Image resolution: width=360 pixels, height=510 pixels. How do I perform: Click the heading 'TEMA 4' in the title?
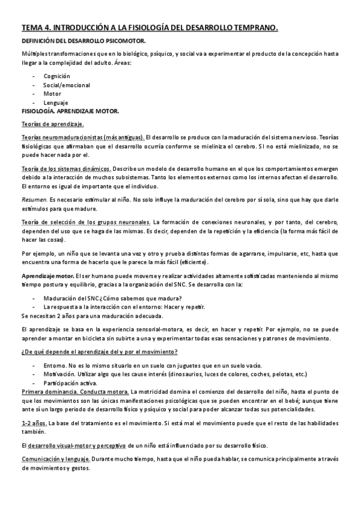(38, 27)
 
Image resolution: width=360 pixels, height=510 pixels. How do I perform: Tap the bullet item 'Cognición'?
(56, 76)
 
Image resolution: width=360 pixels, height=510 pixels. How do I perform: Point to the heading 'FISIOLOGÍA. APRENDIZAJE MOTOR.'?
(70, 111)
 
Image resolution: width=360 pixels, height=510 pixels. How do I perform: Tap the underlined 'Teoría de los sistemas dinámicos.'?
(66, 169)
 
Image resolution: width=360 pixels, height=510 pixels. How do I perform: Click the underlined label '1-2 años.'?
(34, 423)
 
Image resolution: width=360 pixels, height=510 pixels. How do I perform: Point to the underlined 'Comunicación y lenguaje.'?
(56, 459)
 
